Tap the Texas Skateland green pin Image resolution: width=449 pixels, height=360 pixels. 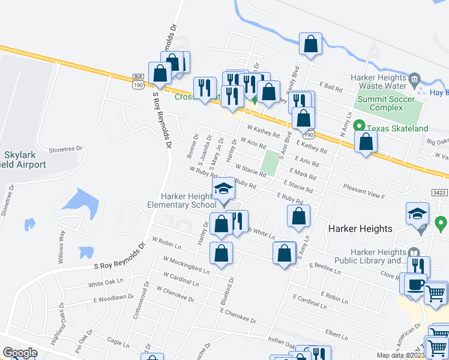point(359,126)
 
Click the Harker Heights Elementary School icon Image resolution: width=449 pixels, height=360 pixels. point(223,190)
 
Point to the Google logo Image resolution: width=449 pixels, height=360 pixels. point(19,353)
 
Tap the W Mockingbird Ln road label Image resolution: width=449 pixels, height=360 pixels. point(187,265)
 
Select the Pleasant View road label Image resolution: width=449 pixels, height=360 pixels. point(364,196)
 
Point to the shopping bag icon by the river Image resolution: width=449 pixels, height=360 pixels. point(310,44)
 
